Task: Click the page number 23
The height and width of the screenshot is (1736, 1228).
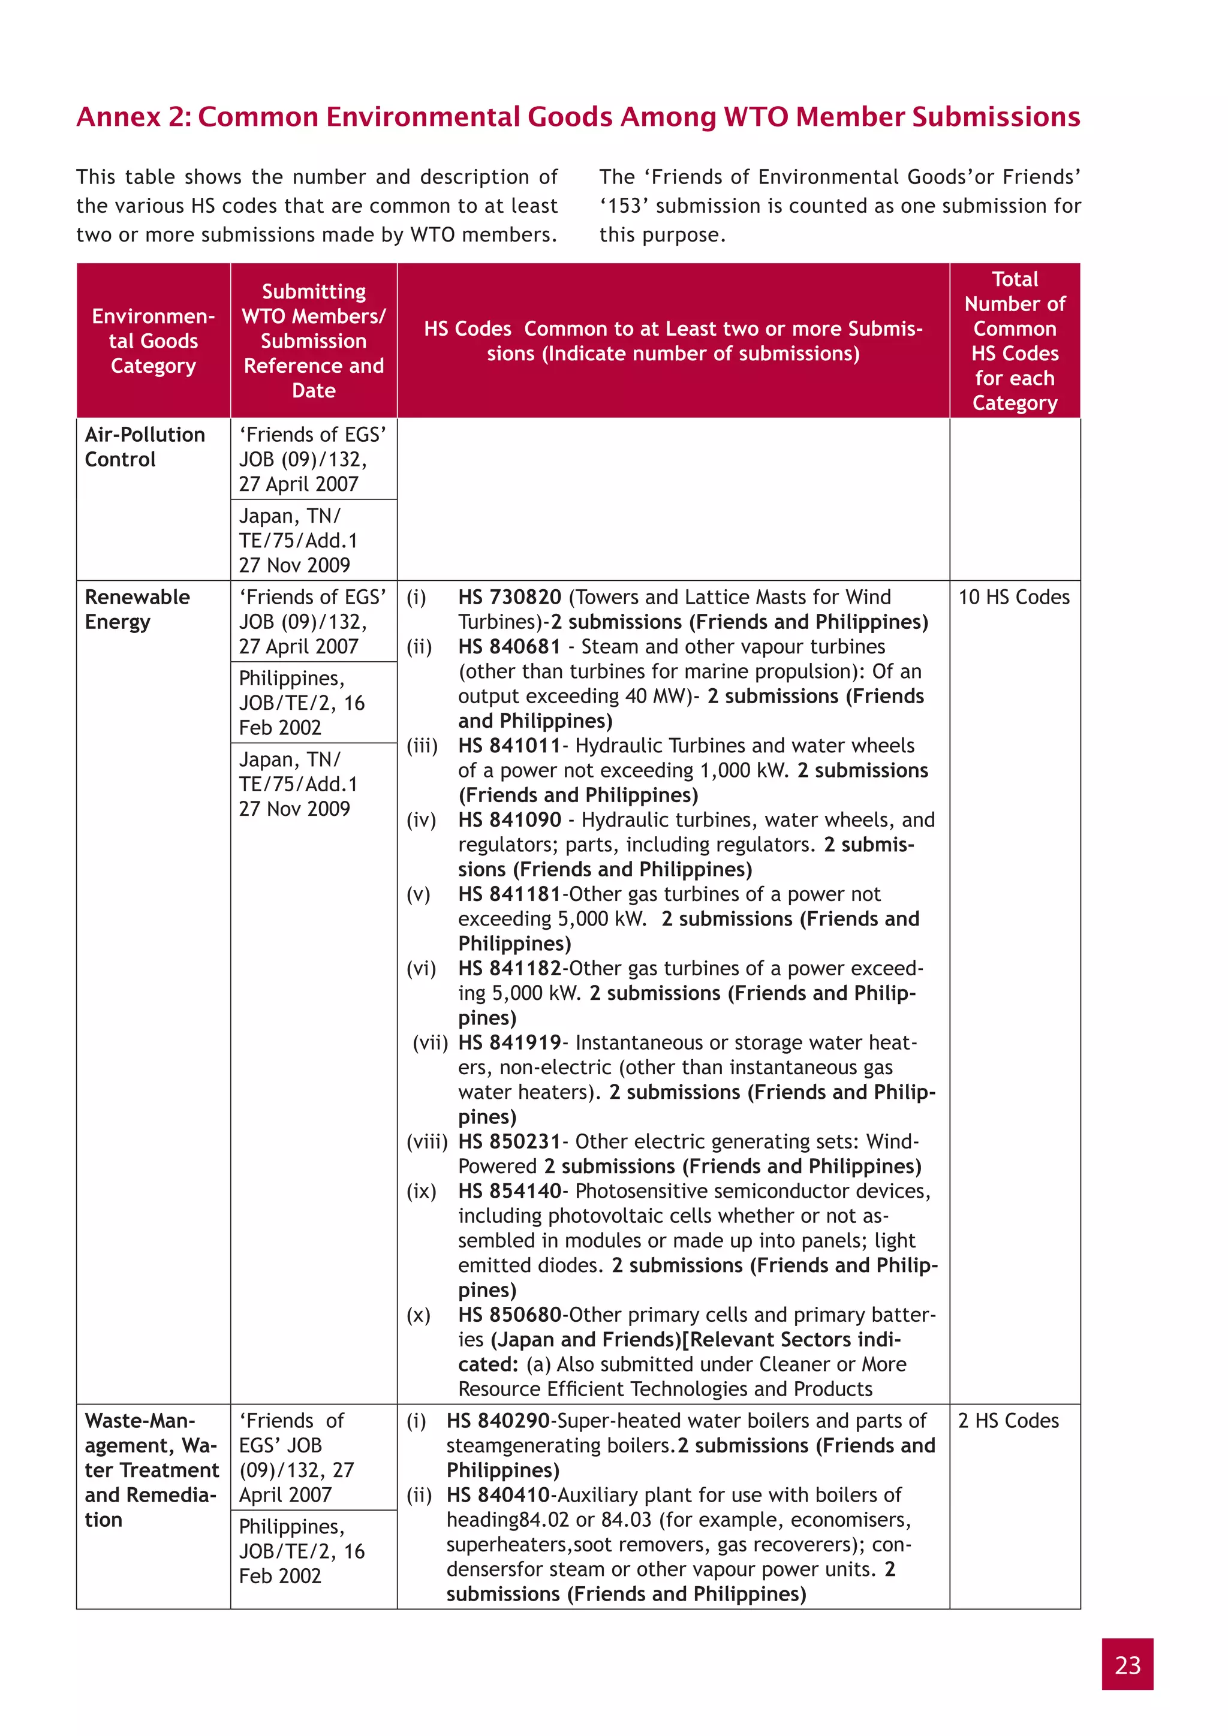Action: [x=1127, y=1664]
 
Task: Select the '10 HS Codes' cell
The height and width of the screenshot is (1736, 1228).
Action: [x=1013, y=596]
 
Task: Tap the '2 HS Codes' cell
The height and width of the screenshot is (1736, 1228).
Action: [x=1007, y=1420]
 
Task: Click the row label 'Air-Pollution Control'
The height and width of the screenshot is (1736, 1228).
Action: [x=145, y=446]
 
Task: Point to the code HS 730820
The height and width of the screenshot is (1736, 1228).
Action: [x=509, y=596]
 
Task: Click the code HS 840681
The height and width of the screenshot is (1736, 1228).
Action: [x=509, y=646]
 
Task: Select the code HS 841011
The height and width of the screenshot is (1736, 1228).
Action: [x=509, y=746]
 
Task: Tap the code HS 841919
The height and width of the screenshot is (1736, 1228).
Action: [x=509, y=1042]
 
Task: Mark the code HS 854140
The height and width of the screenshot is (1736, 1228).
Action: [x=509, y=1191]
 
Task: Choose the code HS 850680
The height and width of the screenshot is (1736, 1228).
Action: [x=509, y=1314]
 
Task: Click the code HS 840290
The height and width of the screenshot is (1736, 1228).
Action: [x=497, y=1420]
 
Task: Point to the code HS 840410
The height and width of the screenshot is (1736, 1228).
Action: [x=497, y=1495]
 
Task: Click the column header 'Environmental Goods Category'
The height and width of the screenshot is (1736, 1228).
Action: [x=153, y=340]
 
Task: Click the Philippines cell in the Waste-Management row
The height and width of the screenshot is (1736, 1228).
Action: [x=302, y=1551]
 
